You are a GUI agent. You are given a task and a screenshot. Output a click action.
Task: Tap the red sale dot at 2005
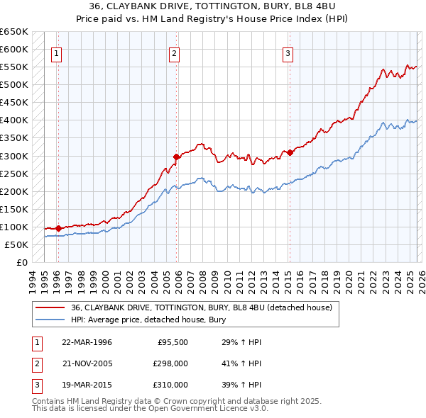(x=177, y=156)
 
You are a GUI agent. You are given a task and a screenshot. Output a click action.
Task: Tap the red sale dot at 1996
(x=58, y=228)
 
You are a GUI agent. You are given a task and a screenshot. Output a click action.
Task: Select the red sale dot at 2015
(x=290, y=152)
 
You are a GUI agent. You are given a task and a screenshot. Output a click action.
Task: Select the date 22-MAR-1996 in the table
(x=87, y=342)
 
